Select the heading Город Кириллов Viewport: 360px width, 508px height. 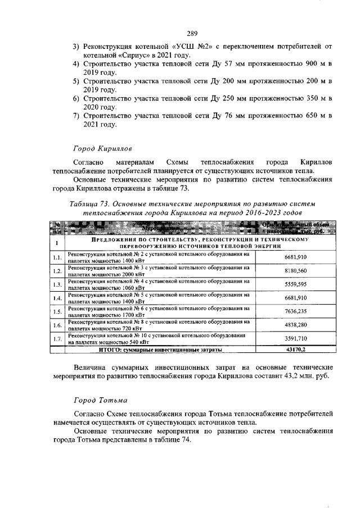pyautogui.click(x=102, y=149)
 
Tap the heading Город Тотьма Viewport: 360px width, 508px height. pyautogui.click(x=99, y=401)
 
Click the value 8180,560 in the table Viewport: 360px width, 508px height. pyautogui.click(x=294, y=270)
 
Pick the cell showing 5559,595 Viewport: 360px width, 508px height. pyautogui.click(x=294, y=284)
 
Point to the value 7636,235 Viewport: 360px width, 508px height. pyautogui.click(x=294, y=311)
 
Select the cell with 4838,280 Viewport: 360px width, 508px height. pyautogui.click(x=294, y=325)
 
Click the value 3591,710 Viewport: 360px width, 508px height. pyautogui.click(x=294, y=338)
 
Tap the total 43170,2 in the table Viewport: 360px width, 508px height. pyautogui.click(x=294, y=349)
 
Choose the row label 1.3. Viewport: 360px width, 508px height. pyautogui.click(x=57, y=284)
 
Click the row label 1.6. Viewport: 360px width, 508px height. pyautogui.click(x=57, y=325)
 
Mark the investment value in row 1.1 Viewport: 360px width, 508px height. pyautogui.click(x=294, y=257)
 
